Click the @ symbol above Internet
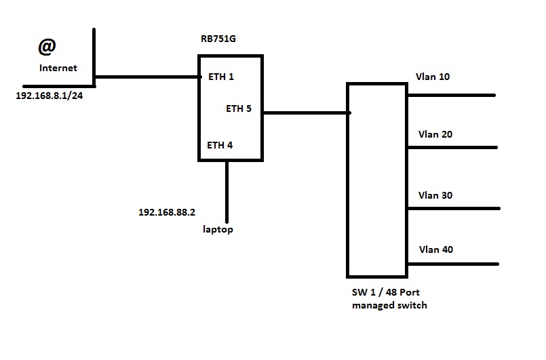(46, 47)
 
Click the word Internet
(58, 68)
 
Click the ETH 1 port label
(220, 77)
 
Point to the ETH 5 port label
(239, 108)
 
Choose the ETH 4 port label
(220, 144)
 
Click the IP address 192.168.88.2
(167, 212)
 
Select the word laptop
(218, 230)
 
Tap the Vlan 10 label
(433, 77)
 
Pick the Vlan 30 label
(435, 195)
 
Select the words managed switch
(389, 306)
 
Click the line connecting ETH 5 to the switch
(305, 113)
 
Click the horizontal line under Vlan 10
(451, 96)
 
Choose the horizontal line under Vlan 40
(453, 264)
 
